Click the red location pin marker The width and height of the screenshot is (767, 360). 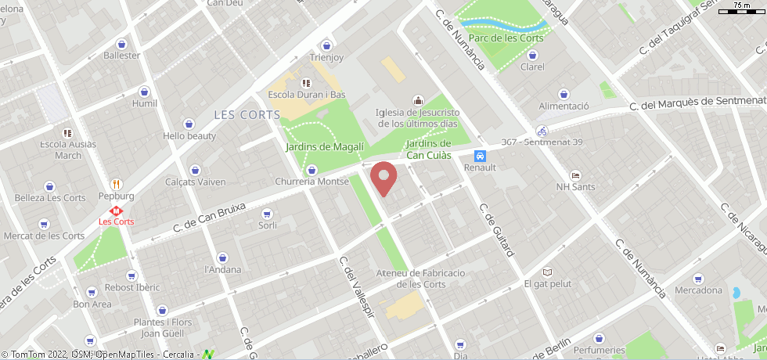pyautogui.click(x=383, y=178)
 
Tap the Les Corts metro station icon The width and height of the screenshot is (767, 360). pyautogui.click(x=116, y=210)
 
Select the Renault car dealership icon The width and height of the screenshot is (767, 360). pyautogui.click(x=480, y=155)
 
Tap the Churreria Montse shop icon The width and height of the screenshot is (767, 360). pyautogui.click(x=311, y=170)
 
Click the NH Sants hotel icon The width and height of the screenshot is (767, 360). pyautogui.click(x=575, y=175)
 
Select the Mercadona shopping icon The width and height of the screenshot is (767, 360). pyautogui.click(x=697, y=279)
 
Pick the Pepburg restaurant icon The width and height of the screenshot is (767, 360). pyautogui.click(x=117, y=184)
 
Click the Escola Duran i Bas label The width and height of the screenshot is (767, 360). pyautogui.click(x=306, y=95)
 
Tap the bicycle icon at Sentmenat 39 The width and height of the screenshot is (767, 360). pyautogui.click(x=542, y=131)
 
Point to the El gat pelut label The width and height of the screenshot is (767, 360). pyautogui.click(x=548, y=284)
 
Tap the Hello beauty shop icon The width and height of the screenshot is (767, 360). pyautogui.click(x=189, y=124)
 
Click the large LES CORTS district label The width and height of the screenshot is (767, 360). pyautogui.click(x=247, y=115)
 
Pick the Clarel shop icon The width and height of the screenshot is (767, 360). pyautogui.click(x=532, y=55)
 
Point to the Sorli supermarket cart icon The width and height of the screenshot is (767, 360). pyautogui.click(x=268, y=213)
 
